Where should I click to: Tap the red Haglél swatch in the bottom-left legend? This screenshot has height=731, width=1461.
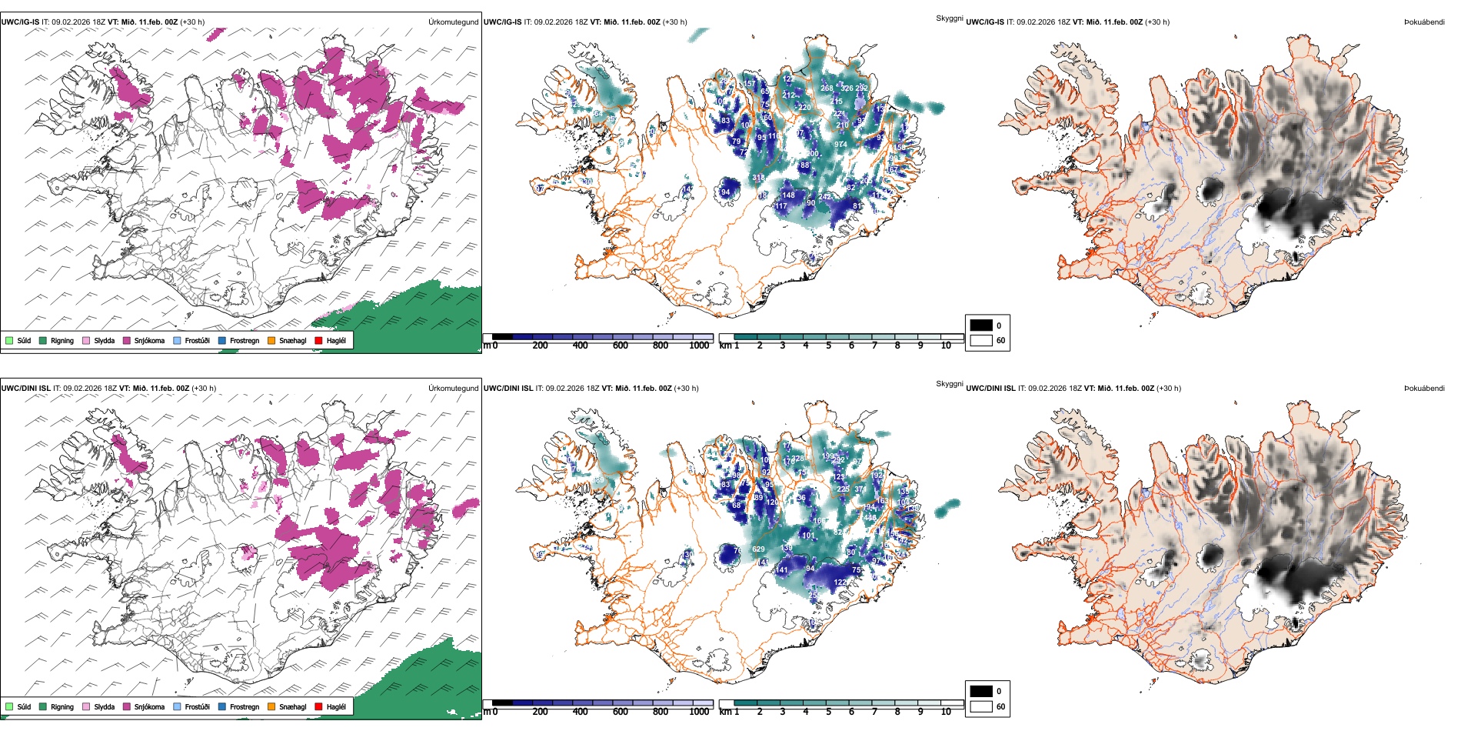click(x=319, y=706)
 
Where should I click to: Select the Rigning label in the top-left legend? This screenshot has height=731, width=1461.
click(x=62, y=340)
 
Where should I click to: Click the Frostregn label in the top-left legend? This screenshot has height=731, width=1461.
click(x=245, y=340)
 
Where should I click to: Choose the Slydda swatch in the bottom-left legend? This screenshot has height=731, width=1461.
click(x=86, y=706)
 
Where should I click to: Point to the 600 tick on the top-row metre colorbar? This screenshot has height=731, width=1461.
click(x=621, y=345)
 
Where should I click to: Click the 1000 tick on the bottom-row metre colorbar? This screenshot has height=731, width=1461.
click(x=699, y=712)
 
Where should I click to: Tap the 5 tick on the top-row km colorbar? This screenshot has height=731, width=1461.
click(x=829, y=345)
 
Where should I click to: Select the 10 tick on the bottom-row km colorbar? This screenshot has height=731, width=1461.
click(x=946, y=712)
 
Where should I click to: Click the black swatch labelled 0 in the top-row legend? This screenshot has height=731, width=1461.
click(x=981, y=325)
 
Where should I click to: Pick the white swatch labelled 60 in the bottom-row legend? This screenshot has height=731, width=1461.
click(x=981, y=706)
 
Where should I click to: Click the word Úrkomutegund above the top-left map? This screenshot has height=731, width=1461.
click(x=453, y=22)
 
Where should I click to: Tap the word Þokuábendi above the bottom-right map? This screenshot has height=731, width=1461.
click(x=1424, y=389)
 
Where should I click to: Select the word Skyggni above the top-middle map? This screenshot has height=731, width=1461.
click(x=949, y=18)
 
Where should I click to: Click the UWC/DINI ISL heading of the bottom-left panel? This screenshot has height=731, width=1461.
click(x=25, y=389)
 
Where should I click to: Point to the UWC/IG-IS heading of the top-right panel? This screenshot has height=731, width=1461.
click(x=985, y=22)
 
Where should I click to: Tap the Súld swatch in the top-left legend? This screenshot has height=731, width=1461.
click(x=9, y=340)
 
